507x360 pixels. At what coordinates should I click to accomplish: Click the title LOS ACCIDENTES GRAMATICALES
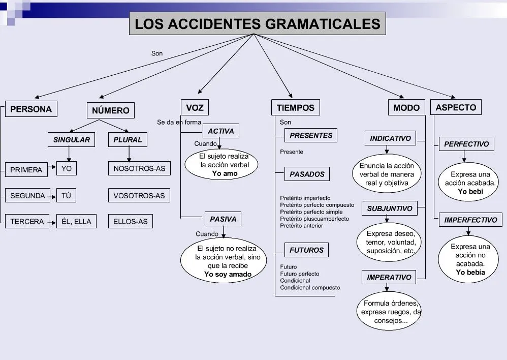(x=257, y=23)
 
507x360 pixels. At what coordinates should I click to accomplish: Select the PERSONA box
(x=31, y=109)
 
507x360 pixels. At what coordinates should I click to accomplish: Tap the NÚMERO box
(x=111, y=110)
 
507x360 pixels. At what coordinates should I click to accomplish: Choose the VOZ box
(x=195, y=108)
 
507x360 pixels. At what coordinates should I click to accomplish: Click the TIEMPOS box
(x=295, y=108)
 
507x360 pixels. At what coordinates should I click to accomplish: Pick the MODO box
(x=406, y=108)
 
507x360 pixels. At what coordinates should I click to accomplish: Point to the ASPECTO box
(x=456, y=107)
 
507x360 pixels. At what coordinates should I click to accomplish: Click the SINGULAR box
(x=71, y=140)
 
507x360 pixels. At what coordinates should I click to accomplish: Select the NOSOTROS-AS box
(x=139, y=169)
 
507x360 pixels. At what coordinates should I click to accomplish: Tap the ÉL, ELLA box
(x=76, y=221)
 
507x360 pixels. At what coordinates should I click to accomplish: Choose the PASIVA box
(x=223, y=219)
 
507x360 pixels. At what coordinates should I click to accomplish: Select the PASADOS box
(x=307, y=174)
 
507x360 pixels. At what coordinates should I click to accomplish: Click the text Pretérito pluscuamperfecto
(x=314, y=219)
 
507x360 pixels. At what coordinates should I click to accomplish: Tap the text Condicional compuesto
(x=310, y=287)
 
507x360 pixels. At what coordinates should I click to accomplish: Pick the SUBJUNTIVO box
(x=390, y=208)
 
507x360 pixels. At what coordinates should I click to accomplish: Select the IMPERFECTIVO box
(x=470, y=220)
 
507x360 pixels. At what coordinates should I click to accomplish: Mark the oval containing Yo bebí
(x=470, y=183)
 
